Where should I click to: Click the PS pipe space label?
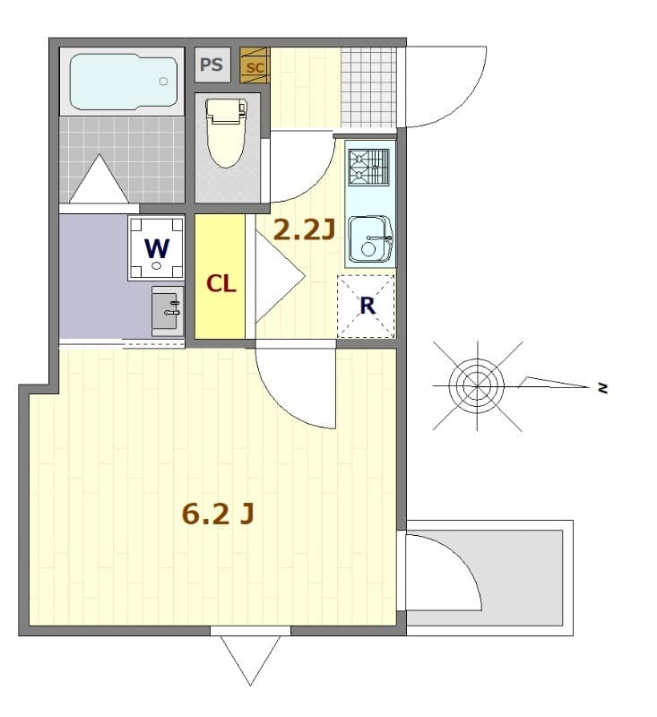[x=212, y=65]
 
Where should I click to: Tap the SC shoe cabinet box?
[x=254, y=65]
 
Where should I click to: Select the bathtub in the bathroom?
[x=123, y=83]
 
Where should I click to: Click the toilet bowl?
[x=226, y=134]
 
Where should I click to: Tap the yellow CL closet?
[x=220, y=283]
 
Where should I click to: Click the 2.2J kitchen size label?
[x=303, y=231]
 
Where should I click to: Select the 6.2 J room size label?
[x=218, y=514]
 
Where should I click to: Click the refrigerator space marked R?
[x=366, y=306]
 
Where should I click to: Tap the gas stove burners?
[x=369, y=167]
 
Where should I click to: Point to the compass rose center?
[x=478, y=385]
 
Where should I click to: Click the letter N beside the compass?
[x=603, y=388]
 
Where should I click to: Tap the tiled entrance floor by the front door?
[x=367, y=85]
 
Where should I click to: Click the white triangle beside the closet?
[x=276, y=276]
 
